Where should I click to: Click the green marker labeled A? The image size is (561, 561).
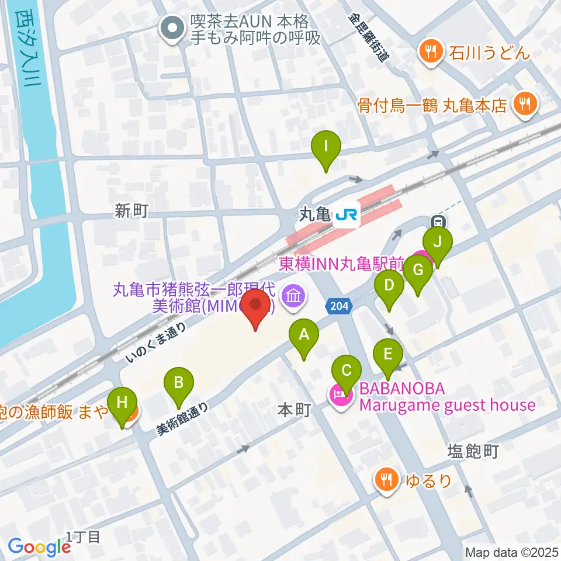pos(303,335)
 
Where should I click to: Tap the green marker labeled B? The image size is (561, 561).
pos(180,383)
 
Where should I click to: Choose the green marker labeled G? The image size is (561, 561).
pos(418,271)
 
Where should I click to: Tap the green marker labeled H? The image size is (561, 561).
pos(122,402)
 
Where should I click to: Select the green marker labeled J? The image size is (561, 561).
pos(438,241)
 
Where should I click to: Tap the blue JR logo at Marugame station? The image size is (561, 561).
pos(346,215)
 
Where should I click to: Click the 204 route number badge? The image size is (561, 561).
pos(337,306)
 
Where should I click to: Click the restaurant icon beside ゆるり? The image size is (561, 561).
pos(386,480)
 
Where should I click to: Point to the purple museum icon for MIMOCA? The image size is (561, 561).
pos(293,296)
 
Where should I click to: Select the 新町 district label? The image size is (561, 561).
pos(131,212)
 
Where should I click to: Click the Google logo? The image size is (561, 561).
pos(39,546)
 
